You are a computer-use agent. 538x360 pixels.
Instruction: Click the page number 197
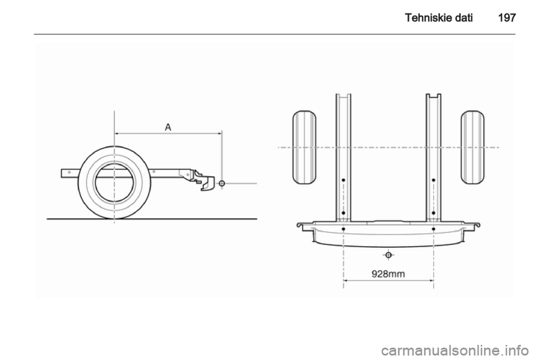tap(507, 17)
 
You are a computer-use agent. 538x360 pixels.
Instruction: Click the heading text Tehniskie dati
tap(439, 17)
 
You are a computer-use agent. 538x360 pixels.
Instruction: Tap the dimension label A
tap(168, 127)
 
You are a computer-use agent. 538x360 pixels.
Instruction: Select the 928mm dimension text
tap(388, 274)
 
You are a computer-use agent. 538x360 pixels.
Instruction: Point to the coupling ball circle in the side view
tap(222, 183)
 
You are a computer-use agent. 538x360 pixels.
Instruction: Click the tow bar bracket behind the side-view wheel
tap(203, 179)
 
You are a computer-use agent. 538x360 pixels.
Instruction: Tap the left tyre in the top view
tap(304, 147)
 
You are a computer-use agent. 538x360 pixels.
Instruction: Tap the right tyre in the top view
tap(472, 147)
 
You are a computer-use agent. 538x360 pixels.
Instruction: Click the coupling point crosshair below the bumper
tap(388, 255)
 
